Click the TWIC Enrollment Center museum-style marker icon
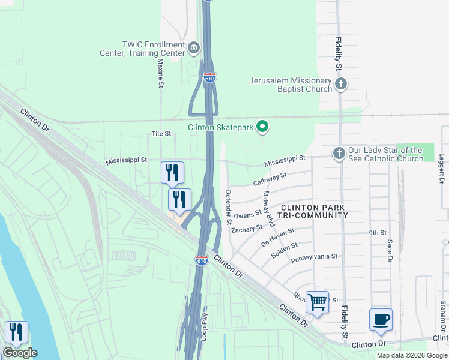tap(194, 47)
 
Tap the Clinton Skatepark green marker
tap(262, 127)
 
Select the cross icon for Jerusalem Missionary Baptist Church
tap(341, 84)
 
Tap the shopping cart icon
tap(317, 302)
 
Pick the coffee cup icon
tap(381, 319)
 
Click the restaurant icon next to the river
tap(16, 332)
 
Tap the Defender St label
tap(228, 207)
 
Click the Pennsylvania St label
tap(314, 257)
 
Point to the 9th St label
tap(377, 232)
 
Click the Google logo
tap(20, 353)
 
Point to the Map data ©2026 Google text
tap(411, 355)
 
